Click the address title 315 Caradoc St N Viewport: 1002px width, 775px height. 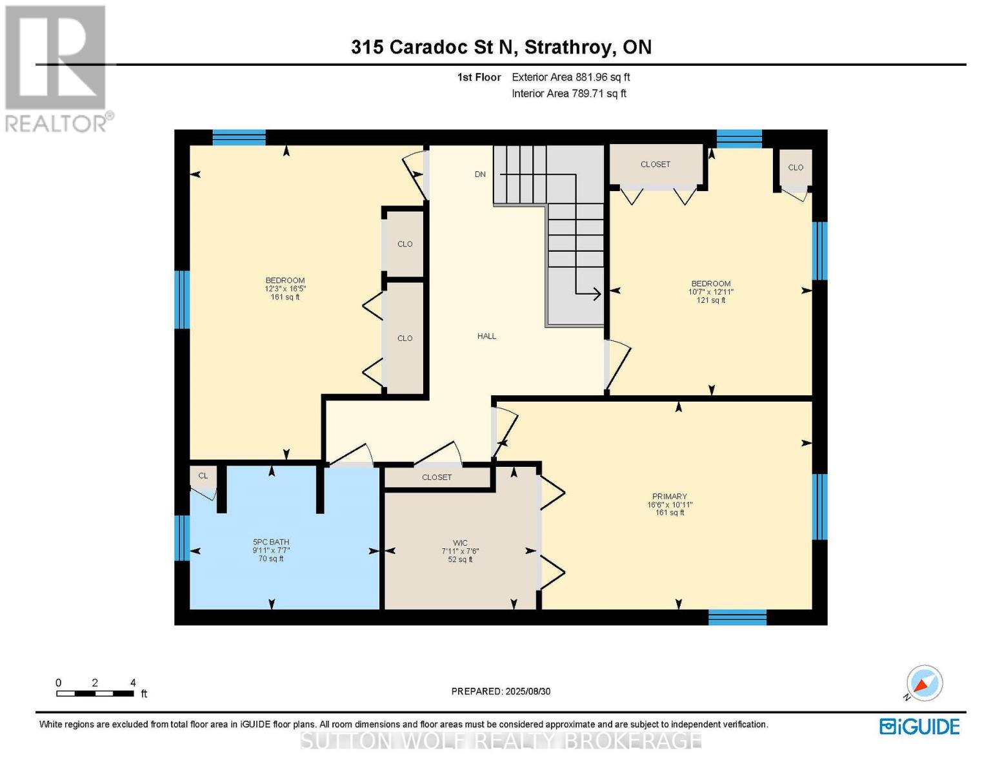(501, 47)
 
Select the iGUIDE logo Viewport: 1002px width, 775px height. (919, 727)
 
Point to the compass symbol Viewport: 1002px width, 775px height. (924, 683)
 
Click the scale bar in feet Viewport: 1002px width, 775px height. (95, 693)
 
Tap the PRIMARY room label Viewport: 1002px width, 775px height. (669, 497)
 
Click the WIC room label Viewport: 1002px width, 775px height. (460, 543)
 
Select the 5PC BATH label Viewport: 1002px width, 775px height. (271, 542)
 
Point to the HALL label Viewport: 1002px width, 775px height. (486, 336)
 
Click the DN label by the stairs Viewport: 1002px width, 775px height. (480, 174)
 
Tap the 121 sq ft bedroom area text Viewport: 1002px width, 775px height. (711, 300)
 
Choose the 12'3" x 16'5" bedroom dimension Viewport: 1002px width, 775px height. (285, 289)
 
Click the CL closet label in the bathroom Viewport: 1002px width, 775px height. (203, 476)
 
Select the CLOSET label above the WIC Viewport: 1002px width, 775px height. (437, 477)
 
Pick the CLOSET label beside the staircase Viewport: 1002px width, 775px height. (655, 164)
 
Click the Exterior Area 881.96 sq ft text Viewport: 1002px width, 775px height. (570, 77)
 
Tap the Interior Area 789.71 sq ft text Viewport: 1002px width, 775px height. (569, 94)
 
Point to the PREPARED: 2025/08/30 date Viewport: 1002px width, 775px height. (501, 691)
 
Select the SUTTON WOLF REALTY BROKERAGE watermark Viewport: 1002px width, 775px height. (501, 740)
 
